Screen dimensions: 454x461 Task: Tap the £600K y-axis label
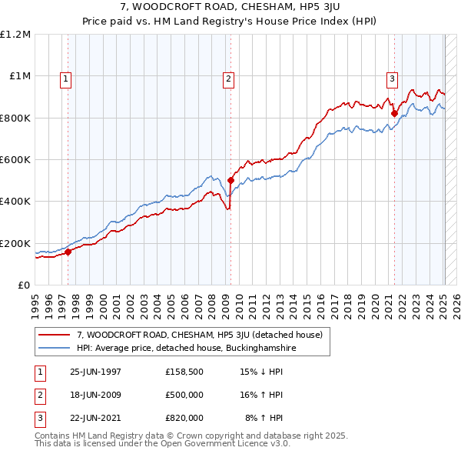coord(15,160)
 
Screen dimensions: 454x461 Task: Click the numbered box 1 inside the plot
coord(66,78)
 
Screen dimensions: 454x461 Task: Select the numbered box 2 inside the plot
coord(229,78)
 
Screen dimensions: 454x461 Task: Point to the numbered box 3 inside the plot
coord(392,78)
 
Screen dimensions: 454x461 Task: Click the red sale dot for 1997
coord(68,251)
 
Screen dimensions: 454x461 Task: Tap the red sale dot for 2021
coord(394,114)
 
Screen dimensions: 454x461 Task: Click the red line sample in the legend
coord(55,335)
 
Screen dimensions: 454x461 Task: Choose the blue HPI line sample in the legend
coord(55,348)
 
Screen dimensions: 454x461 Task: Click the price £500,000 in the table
coord(184,396)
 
